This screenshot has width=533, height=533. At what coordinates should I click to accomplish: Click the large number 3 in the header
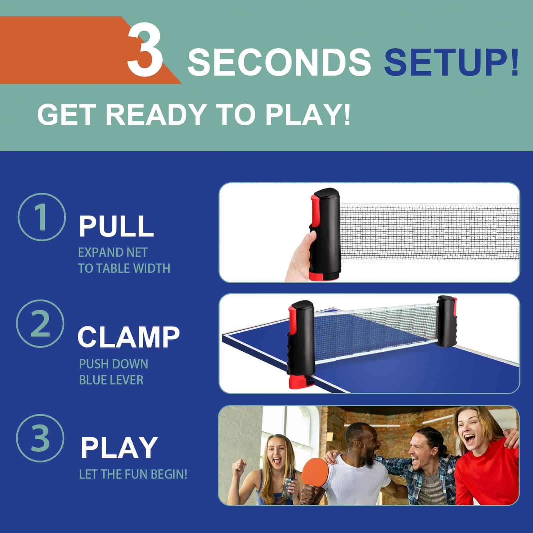tap(145, 48)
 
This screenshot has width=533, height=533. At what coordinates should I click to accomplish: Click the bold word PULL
tap(116, 226)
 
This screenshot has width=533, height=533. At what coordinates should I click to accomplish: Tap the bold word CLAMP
tap(129, 337)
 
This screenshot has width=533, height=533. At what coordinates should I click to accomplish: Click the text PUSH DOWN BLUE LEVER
tap(114, 372)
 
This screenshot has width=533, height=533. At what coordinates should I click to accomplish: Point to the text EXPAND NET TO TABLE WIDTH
tap(124, 260)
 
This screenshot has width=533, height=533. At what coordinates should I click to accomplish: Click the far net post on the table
tap(445, 322)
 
